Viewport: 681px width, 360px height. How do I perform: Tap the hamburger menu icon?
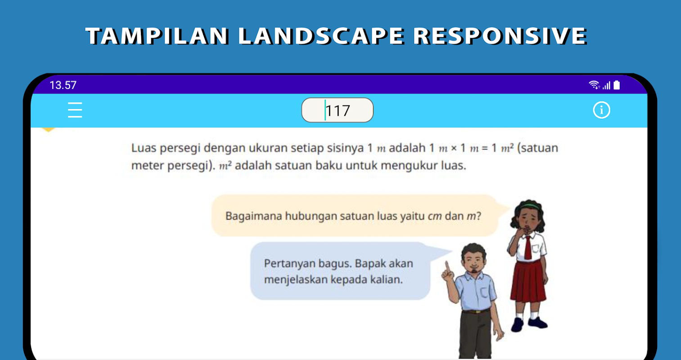[75, 110]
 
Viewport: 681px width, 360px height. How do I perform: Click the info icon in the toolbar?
[601, 110]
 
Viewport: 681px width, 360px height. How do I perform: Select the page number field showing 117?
[338, 110]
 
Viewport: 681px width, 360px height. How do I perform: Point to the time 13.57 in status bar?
[63, 85]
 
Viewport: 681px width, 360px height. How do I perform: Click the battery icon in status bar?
[617, 85]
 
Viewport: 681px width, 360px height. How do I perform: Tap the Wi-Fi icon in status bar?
[594, 85]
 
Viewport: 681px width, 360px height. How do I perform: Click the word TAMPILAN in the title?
[157, 36]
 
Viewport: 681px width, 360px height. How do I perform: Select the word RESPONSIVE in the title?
[500, 36]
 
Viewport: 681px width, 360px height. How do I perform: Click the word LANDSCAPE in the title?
[321, 36]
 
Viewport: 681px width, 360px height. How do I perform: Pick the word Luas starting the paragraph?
[144, 148]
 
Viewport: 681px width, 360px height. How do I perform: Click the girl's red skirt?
[528, 281]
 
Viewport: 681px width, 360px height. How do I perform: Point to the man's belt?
[476, 311]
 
